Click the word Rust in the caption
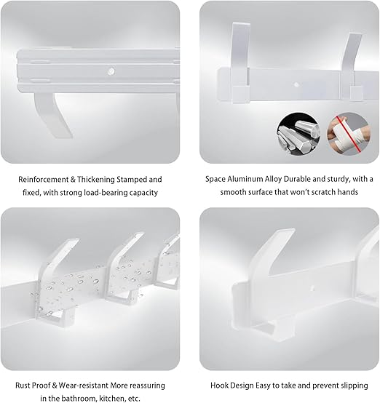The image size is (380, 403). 23,386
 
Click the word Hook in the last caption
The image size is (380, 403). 219,386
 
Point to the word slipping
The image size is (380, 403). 355,386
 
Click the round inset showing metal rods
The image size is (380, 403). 298,134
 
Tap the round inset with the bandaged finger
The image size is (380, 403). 349,134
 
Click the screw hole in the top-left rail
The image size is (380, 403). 111,71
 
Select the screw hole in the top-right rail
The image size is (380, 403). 296,84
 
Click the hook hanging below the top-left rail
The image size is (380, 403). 53,114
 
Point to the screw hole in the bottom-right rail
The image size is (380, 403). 312,289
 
